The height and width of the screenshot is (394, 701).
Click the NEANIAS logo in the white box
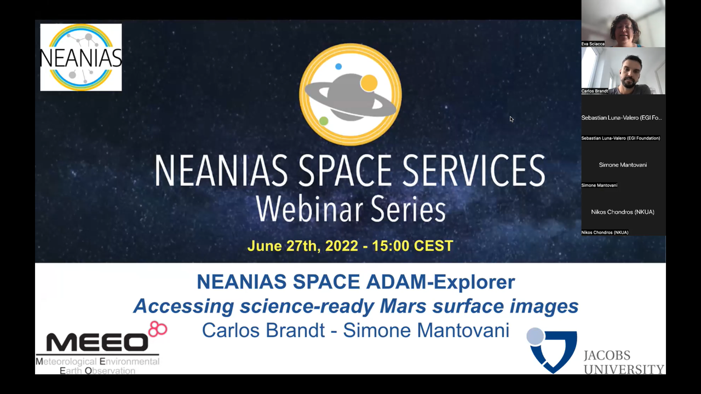coord(81,57)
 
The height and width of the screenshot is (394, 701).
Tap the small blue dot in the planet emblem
coord(338,66)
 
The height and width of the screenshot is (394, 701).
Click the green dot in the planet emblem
coord(324,121)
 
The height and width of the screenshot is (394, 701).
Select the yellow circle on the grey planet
coord(369,83)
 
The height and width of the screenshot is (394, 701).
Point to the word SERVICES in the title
coord(474,171)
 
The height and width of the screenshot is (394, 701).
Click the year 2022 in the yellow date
coord(341,246)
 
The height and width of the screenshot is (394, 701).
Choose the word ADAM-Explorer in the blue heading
coord(440,282)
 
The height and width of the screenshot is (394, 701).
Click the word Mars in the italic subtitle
coord(403,306)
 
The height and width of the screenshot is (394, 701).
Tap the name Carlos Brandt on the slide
coord(263,330)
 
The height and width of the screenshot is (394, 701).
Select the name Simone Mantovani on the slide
coord(426,330)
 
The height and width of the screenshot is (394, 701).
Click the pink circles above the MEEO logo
coord(157,329)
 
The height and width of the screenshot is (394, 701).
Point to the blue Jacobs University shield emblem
coord(551,351)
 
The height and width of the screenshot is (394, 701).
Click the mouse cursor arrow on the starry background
coord(512,119)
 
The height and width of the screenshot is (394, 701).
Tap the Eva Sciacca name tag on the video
coord(593,44)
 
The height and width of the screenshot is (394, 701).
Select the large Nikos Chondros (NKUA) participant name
coord(623,212)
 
